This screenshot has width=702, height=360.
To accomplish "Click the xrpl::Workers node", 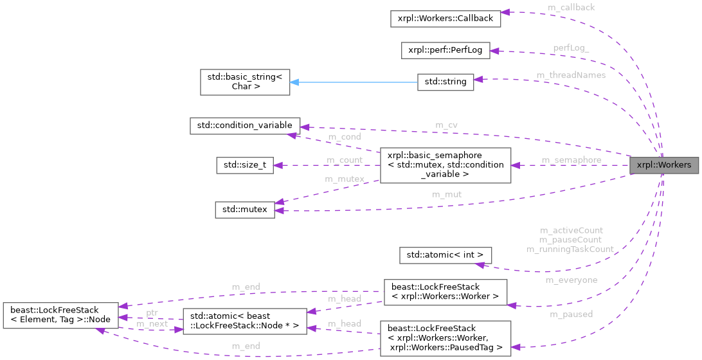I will (x=663, y=165).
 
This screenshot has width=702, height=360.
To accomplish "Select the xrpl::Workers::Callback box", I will (x=445, y=18).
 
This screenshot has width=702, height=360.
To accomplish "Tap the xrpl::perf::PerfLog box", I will (x=446, y=50).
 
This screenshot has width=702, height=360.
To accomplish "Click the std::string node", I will (x=446, y=82).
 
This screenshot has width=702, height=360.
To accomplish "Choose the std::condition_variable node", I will (x=244, y=125).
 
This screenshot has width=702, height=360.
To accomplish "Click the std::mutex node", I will (x=245, y=209).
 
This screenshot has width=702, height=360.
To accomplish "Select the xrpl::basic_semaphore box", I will (x=446, y=165).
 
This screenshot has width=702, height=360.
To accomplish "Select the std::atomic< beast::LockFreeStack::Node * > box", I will (x=241, y=321).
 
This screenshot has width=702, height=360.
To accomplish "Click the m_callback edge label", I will (x=571, y=7).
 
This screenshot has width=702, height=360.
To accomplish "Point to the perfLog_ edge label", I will (x=571, y=48).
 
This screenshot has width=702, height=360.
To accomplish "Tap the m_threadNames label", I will (x=571, y=75).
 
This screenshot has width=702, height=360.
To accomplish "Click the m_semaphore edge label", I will (x=571, y=160).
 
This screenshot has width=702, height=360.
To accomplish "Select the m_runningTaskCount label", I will (x=570, y=249).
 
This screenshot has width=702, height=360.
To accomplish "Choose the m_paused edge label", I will (x=571, y=314).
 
